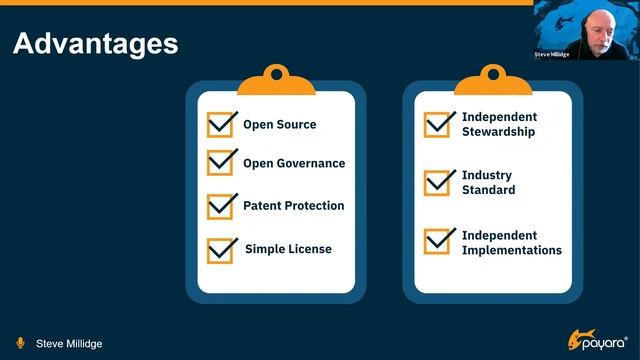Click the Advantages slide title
pos(95,43)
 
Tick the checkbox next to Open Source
pos(221,125)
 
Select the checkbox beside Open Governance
pos(221,163)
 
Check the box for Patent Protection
pos(221,207)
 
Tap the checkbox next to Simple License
pos(221,250)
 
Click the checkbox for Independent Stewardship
pos(438,125)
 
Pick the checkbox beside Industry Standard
pos(438,183)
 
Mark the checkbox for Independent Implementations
pos(438,242)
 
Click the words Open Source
pos(279,125)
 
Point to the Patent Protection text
pos(293,206)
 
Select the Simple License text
pos(288,249)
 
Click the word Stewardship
pos(498,132)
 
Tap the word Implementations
pos(511,250)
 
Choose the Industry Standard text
pos(488,182)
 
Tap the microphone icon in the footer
pos(20,343)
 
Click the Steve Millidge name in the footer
pos(69,344)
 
